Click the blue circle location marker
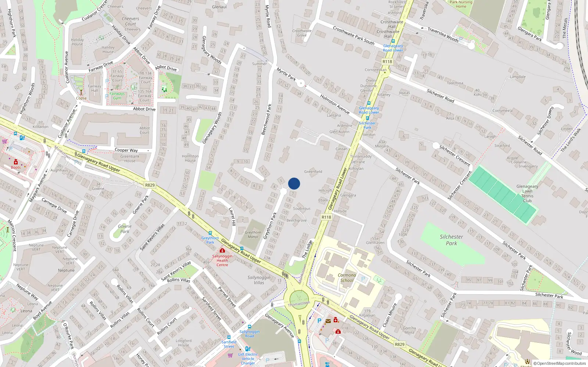pyautogui.click(x=294, y=183)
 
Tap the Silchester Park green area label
pyautogui.click(x=451, y=240)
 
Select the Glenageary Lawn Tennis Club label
pyautogui.click(x=527, y=193)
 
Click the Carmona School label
pyautogui.click(x=347, y=277)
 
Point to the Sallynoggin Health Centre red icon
pyautogui.click(x=222, y=250)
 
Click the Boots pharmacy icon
pyautogui.click(x=16, y=162)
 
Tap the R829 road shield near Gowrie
pyautogui.click(x=150, y=185)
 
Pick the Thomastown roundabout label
pyautogui.click(x=299, y=304)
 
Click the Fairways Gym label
pyautogui.click(x=117, y=96)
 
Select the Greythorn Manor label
pyautogui.click(x=253, y=235)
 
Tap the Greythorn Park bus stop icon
pyautogui.click(x=210, y=233)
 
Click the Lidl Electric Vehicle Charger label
pyautogui.click(x=248, y=359)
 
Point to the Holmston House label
pyautogui.click(x=190, y=158)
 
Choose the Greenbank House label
pyautogui.click(x=130, y=159)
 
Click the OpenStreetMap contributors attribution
pyautogui.click(x=560, y=363)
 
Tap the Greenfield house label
pyautogui.click(x=313, y=171)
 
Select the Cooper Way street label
pyautogui.click(x=126, y=150)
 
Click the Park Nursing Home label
pyautogui.click(x=461, y=4)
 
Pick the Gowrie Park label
pyautogui.click(x=125, y=229)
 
